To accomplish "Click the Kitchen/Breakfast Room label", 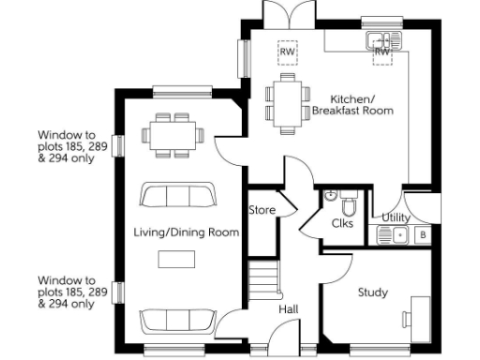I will pos(360,104).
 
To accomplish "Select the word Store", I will pos(262,210).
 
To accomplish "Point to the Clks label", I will pos(342,223).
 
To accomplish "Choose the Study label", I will pos(372,292).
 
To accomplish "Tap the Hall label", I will pos(289,308).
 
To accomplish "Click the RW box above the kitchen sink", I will pos(382,52).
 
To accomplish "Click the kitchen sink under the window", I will pos(383,40).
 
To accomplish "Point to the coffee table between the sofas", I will pos(175,258).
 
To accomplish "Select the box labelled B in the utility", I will pos(423,234).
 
